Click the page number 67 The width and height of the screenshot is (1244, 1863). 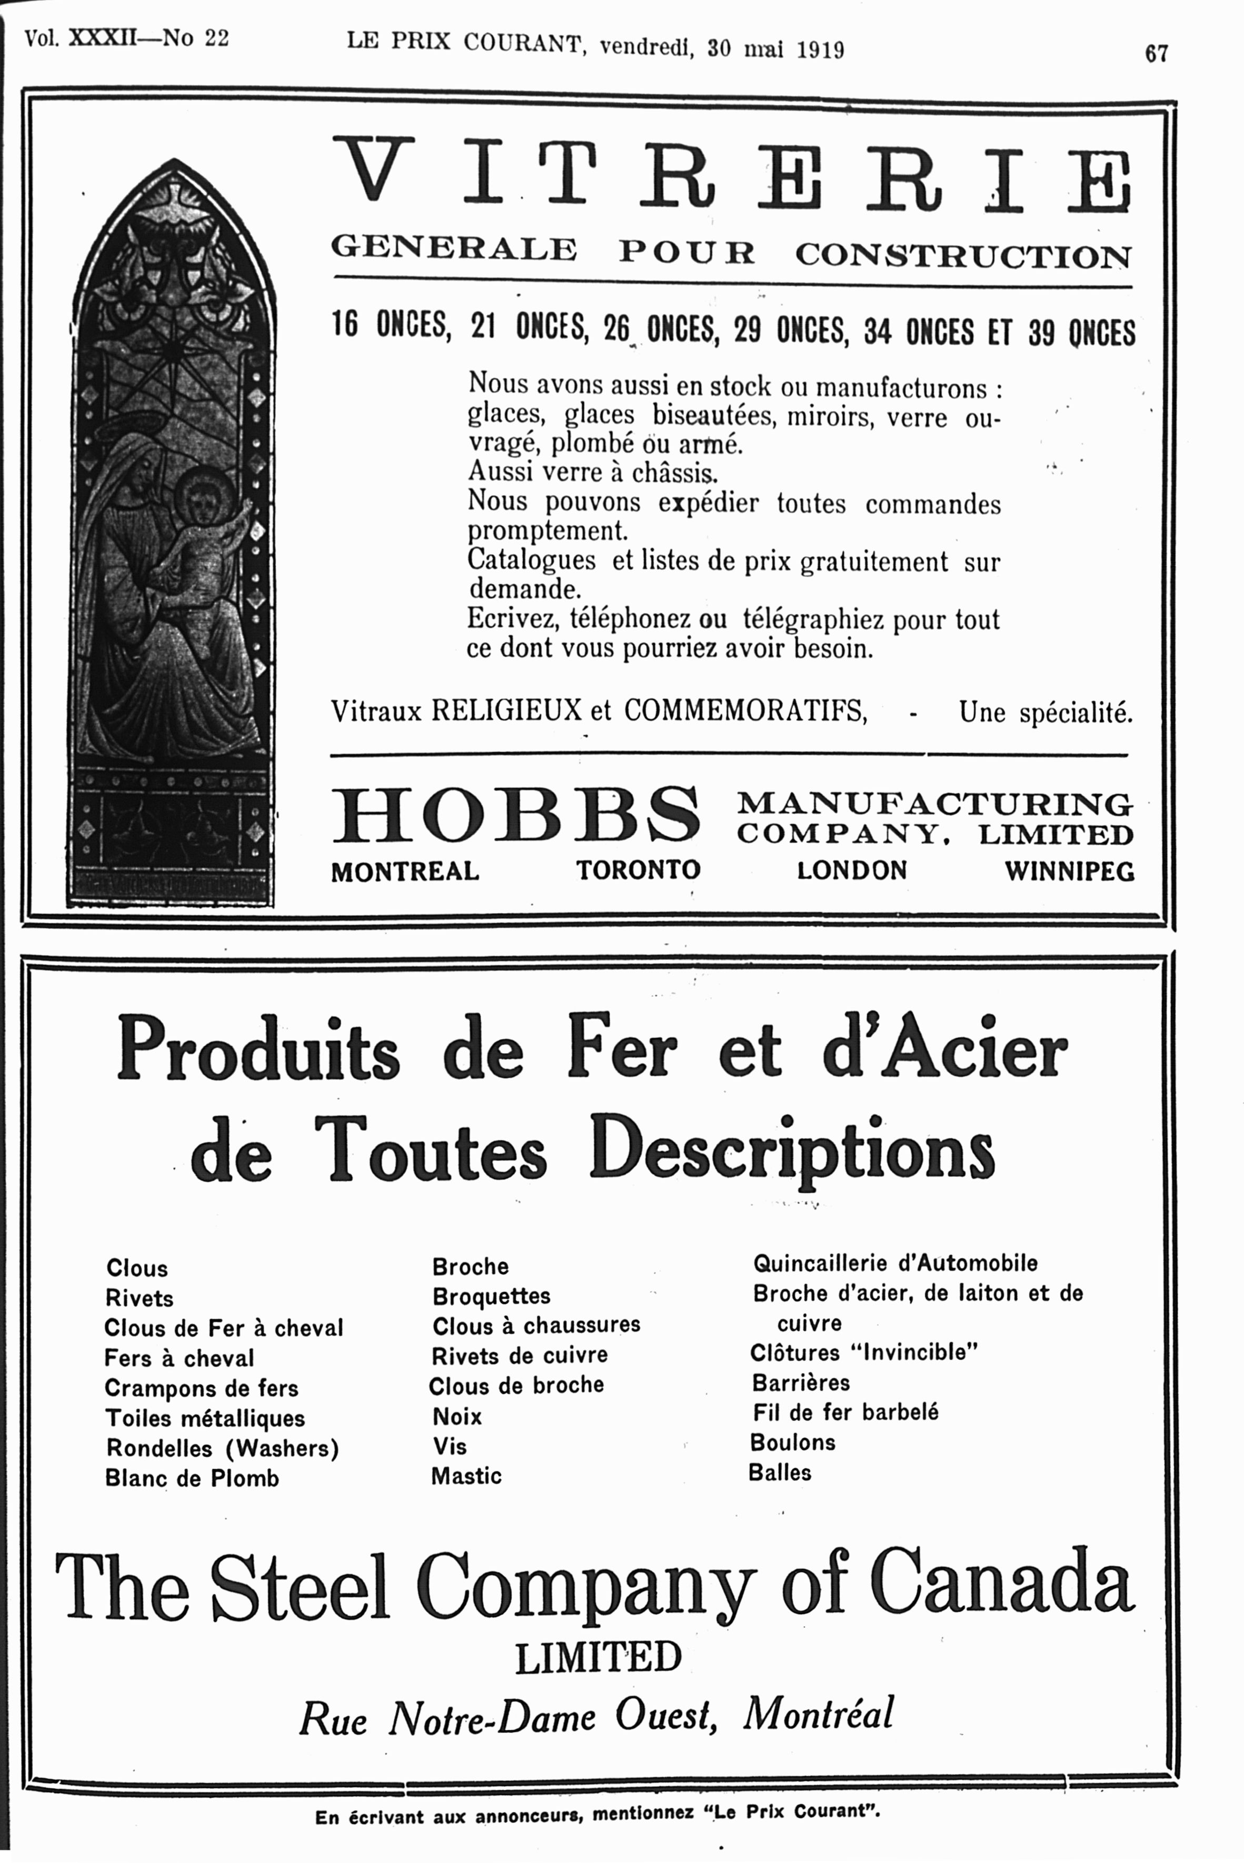click(1156, 53)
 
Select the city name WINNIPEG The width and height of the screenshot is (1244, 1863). click(1069, 872)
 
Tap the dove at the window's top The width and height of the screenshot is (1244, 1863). click(173, 202)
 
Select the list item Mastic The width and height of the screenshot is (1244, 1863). click(466, 1476)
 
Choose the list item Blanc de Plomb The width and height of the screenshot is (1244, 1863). click(192, 1478)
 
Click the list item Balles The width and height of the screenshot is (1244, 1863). click(780, 1473)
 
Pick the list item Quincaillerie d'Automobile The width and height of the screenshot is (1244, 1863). click(895, 1264)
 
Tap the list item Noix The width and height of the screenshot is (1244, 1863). click(457, 1417)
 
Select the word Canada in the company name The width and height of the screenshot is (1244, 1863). click(1001, 1583)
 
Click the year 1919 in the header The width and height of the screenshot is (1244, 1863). click(820, 50)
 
